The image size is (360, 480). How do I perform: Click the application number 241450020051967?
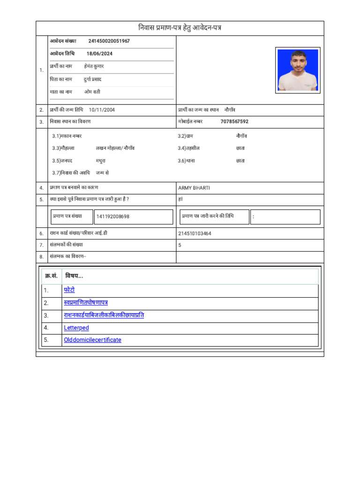coord(109,41)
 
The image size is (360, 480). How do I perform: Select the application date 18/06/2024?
coord(99,54)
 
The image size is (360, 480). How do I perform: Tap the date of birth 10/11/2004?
coord(102,110)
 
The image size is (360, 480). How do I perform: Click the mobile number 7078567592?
coord(234,122)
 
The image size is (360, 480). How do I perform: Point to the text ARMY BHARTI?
coord(194,188)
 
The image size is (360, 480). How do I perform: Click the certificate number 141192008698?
coord(113,217)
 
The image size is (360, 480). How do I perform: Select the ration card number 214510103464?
coord(195,233)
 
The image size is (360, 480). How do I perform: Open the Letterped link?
coord(76,328)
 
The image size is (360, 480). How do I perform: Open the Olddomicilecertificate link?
coord(92,340)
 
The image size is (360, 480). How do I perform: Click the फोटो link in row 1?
coord(69,290)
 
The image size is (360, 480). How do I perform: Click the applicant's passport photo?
coord(298,70)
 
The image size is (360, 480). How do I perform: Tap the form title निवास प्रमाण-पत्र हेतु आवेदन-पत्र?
coord(180,28)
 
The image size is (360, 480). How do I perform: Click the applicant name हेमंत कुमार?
coord(94,67)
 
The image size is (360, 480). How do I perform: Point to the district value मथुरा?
coord(101,161)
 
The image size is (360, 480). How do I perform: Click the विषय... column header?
coord(74,276)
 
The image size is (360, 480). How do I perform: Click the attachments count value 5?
coord(180,245)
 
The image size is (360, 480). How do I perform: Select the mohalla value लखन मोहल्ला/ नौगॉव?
coord(115,148)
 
